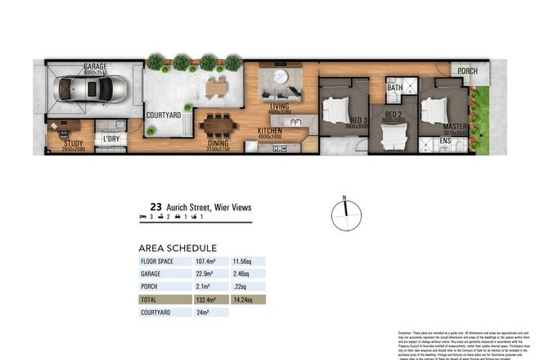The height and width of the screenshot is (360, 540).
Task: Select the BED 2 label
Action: coord(393,115)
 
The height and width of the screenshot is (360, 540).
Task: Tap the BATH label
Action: coord(394,88)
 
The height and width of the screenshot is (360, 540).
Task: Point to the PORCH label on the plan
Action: coord(468,70)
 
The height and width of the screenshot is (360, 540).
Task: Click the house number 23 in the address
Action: coord(155,208)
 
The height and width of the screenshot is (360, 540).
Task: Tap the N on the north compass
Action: coord(345,198)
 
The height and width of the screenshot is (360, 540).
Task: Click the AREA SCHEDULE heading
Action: coord(178,247)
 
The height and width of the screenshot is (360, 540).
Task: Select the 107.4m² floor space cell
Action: coord(205,262)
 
